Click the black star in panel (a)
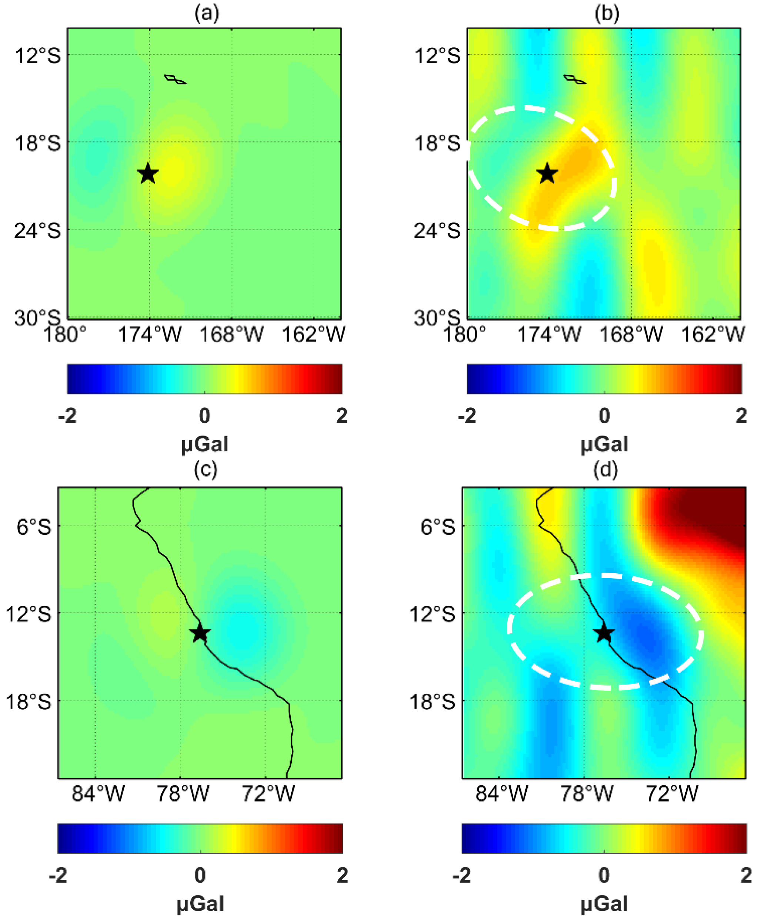point(148,173)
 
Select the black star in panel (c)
point(200,633)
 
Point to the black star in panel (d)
point(604,633)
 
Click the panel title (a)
point(207,13)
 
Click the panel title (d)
point(605,470)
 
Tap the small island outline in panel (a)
point(175,79)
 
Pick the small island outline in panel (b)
point(574,79)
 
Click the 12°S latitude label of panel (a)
point(38,56)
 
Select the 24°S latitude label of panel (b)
point(437,230)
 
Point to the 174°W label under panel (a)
point(150,335)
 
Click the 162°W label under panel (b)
point(713,335)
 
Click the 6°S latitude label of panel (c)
point(34,526)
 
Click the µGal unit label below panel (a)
point(205,444)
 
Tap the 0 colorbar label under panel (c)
point(200,876)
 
